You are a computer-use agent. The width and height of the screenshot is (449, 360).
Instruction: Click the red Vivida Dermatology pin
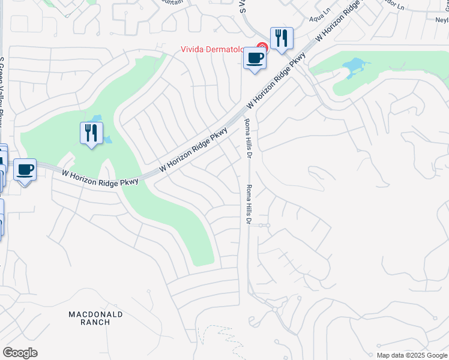262,47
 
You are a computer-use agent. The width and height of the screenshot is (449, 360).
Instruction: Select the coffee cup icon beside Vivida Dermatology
255,59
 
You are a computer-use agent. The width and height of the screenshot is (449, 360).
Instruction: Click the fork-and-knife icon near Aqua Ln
280,38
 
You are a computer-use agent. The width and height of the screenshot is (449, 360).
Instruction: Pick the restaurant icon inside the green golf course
91,133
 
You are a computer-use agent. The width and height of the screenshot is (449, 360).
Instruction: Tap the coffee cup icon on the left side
25,170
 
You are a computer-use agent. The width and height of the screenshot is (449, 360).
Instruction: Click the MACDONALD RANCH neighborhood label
95,318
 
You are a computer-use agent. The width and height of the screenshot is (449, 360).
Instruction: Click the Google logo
20,353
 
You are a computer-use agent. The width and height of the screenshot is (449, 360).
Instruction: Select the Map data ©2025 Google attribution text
412,355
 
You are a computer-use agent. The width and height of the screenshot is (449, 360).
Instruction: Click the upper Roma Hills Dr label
247,138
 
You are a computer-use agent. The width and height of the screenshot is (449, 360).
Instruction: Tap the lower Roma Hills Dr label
247,204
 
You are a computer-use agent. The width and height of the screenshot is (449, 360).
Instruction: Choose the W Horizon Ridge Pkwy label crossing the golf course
100,178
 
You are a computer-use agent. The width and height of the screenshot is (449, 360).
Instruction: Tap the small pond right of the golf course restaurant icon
107,140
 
